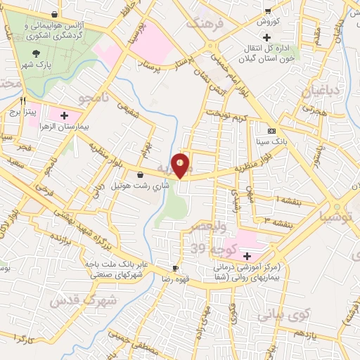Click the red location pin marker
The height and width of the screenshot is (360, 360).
coord(181,166)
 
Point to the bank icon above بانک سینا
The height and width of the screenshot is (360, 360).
coord(271,131)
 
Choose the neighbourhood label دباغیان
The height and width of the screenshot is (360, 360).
coord(321,92)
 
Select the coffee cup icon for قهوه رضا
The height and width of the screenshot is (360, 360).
coord(176,269)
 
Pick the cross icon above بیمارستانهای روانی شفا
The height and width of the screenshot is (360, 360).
coord(246,255)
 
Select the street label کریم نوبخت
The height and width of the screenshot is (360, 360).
coord(233,116)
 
